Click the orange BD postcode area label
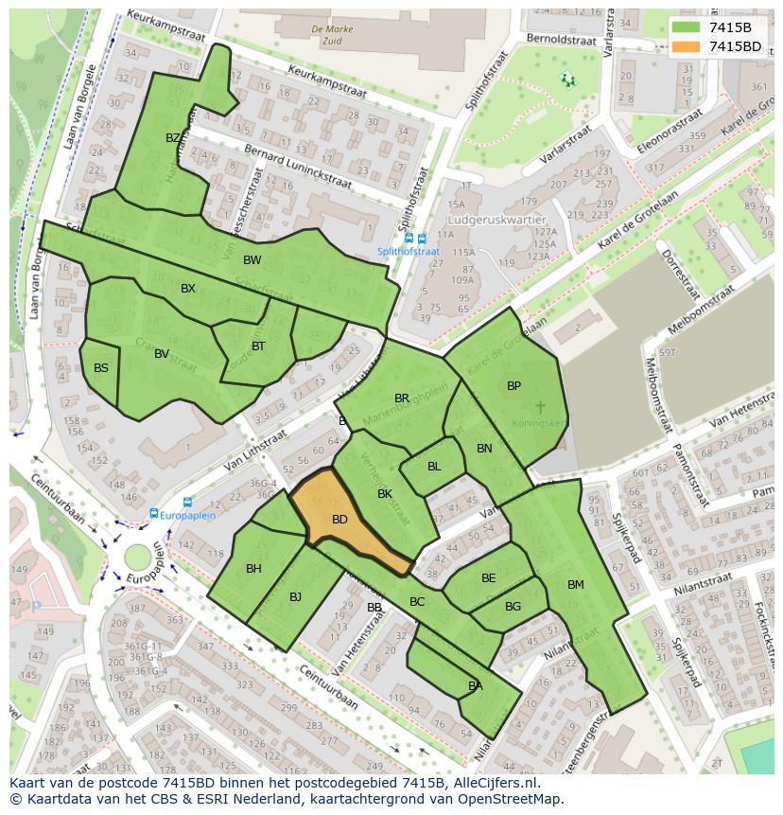click(x=339, y=520)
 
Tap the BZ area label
click(x=173, y=138)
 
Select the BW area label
click(x=252, y=260)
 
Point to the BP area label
click(x=513, y=386)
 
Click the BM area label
click(x=575, y=585)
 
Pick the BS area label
click(x=101, y=368)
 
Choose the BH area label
click(x=253, y=569)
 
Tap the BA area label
click(x=475, y=686)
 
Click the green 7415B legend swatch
click(x=687, y=27)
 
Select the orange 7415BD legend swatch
click(x=687, y=46)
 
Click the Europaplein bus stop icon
click(x=154, y=514)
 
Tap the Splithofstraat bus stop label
click(x=409, y=252)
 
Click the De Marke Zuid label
click(x=332, y=36)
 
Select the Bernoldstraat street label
click(x=562, y=41)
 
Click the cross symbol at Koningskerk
click(x=540, y=407)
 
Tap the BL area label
click(x=434, y=467)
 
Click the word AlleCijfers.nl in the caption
click(x=493, y=784)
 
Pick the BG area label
click(x=513, y=607)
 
